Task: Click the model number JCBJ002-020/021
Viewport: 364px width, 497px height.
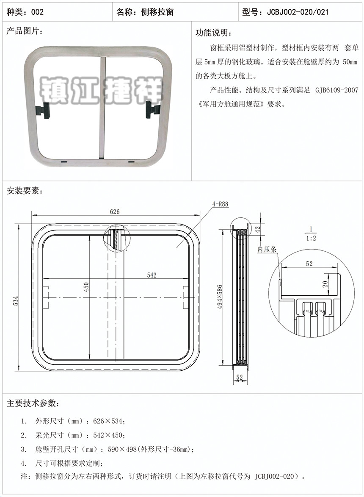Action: (x=298, y=12)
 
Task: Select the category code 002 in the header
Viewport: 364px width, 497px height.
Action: (x=37, y=12)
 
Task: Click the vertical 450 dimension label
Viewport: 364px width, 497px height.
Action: (x=86, y=287)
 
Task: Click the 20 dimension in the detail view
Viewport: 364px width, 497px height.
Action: (x=325, y=284)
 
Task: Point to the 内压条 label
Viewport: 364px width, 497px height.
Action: (x=267, y=250)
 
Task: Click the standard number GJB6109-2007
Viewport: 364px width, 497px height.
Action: (x=337, y=90)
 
